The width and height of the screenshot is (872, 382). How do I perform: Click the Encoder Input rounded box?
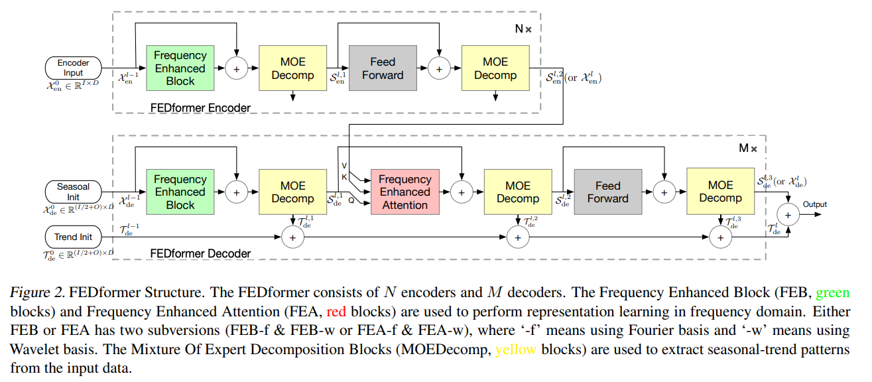[x=73, y=68]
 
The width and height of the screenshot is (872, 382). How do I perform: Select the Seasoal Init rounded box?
[x=73, y=192]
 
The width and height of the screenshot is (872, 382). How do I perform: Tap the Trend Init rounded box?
[x=73, y=237]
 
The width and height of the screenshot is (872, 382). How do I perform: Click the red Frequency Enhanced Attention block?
[x=405, y=192]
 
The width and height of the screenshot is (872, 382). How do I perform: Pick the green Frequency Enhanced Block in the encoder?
[x=180, y=68]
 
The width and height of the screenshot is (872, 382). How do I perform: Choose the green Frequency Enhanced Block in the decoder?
[x=180, y=192]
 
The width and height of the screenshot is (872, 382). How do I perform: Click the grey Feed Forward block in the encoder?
[x=383, y=68]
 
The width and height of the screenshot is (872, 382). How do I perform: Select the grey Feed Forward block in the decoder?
[x=607, y=192]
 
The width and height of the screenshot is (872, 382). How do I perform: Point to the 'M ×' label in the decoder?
[x=748, y=148]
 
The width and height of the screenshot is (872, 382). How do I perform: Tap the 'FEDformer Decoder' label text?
[x=200, y=253]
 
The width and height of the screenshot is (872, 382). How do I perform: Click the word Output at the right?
[x=815, y=204]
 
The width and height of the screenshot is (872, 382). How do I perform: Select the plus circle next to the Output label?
[x=788, y=214]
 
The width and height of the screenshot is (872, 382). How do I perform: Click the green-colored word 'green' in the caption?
[x=832, y=292]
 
